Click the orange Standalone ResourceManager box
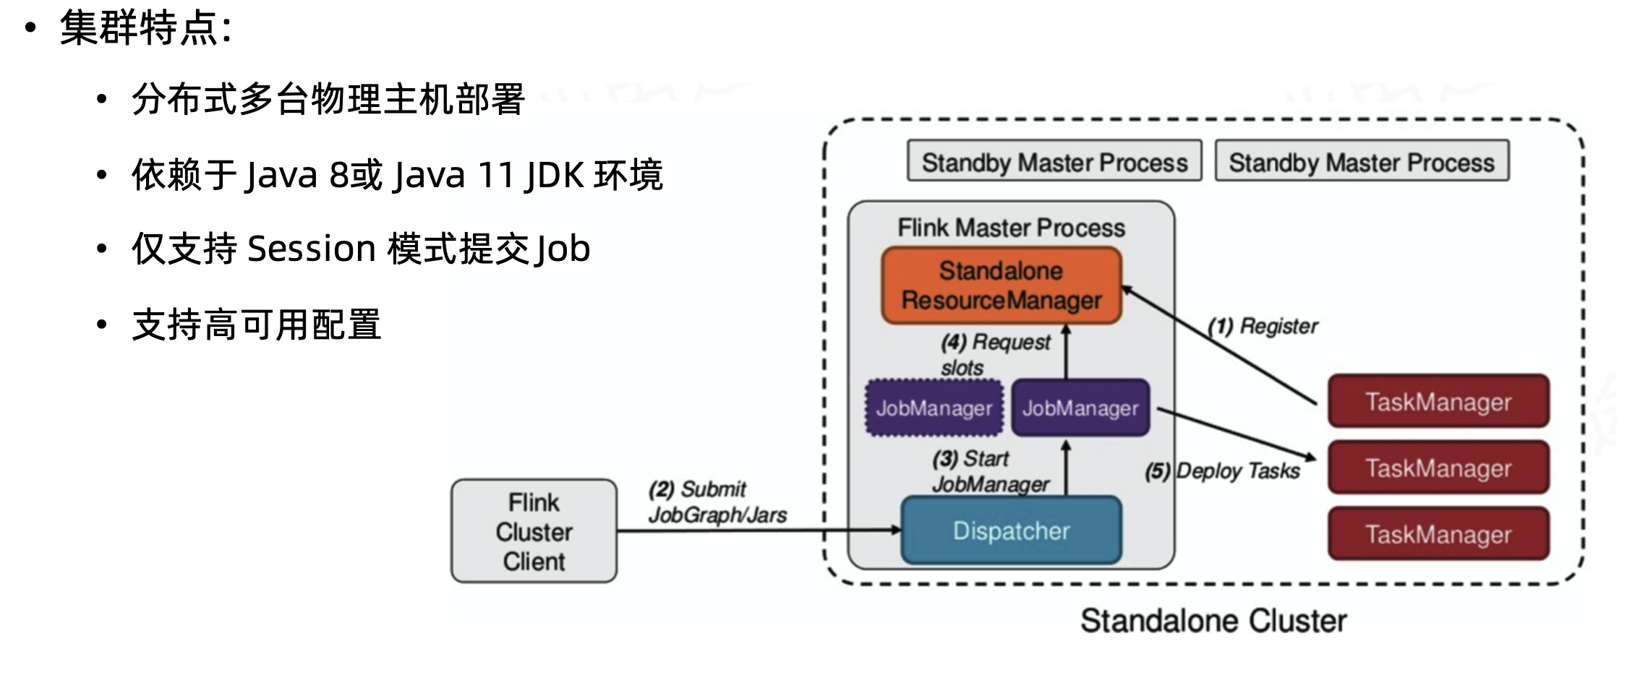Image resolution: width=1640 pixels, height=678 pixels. (1001, 286)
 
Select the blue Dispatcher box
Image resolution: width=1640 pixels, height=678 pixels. (1011, 531)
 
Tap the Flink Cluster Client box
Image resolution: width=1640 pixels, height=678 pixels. (534, 531)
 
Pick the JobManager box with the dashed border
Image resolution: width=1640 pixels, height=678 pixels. (934, 408)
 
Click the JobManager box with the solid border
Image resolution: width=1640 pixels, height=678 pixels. (1080, 408)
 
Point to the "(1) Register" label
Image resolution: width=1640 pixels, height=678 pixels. (1263, 326)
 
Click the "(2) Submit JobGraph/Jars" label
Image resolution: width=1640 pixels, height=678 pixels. (716, 502)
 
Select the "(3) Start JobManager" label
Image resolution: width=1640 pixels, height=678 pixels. (989, 471)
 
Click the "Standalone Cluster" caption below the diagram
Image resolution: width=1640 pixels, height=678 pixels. (1213, 621)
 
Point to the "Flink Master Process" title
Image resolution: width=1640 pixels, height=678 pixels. (1011, 228)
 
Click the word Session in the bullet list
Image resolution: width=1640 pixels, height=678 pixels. (311, 249)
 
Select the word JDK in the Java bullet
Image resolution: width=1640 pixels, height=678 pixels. (553, 175)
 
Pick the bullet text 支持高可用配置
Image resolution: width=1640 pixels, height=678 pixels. (256, 325)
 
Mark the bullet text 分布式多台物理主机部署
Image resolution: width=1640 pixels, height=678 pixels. (328, 99)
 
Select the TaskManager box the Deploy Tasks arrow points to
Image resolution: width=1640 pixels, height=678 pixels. (1438, 468)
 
